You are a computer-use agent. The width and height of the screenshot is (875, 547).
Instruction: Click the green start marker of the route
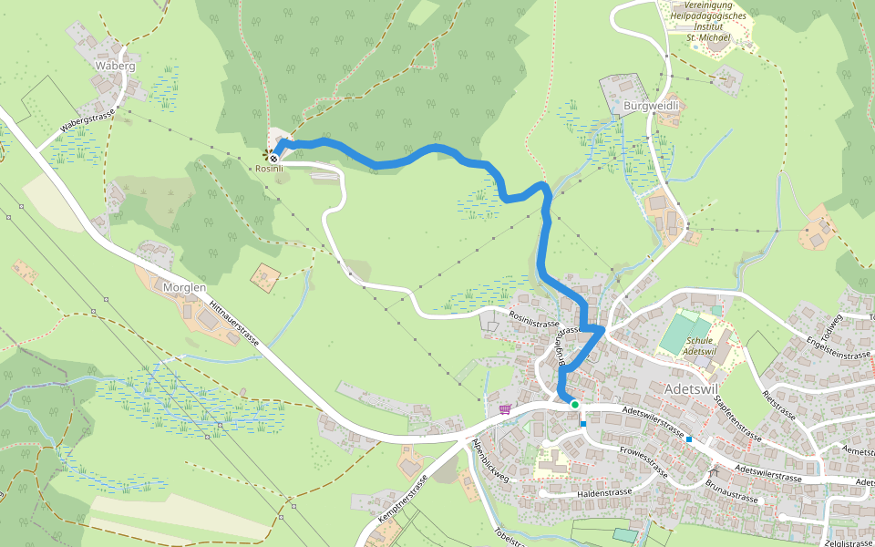click(574, 404)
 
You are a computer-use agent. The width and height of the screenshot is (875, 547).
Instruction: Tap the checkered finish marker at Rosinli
click(273, 157)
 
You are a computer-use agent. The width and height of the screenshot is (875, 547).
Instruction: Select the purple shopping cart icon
click(504, 409)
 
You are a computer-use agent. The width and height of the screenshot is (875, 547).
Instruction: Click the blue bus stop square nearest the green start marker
click(583, 423)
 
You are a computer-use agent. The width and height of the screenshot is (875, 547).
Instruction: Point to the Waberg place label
click(115, 67)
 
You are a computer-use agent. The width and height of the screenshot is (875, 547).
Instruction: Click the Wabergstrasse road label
click(90, 123)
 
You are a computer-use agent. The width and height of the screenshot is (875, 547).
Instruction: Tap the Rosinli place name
click(269, 169)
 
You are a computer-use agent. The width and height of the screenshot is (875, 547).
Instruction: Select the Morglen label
click(184, 287)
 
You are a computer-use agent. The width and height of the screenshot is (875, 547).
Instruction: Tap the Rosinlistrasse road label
click(534, 323)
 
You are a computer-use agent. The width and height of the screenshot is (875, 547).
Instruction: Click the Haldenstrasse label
click(604, 492)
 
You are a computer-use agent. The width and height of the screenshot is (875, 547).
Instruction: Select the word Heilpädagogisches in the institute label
click(708, 16)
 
